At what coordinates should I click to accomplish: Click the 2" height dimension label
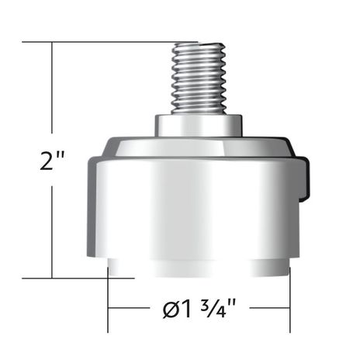coord(51,163)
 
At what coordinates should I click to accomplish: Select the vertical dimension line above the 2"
coord(52,93)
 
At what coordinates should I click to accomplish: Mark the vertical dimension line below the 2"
coord(52,233)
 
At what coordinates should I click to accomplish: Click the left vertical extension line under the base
coord(108,306)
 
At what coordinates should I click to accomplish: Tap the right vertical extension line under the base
coord(290,306)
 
